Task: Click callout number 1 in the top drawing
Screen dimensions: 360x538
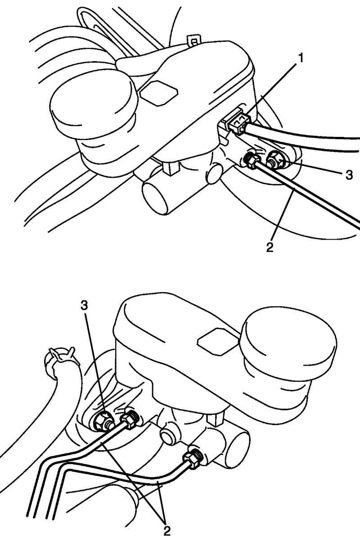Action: (301, 59)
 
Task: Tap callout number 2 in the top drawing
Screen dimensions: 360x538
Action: (270, 247)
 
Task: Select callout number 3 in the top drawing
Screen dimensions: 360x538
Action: (349, 175)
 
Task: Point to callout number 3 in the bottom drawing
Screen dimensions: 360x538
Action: (85, 306)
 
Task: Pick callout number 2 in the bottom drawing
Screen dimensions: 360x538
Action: (167, 531)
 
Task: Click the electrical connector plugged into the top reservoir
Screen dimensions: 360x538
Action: (237, 123)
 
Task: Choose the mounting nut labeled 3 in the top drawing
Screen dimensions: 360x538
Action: (275, 159)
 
